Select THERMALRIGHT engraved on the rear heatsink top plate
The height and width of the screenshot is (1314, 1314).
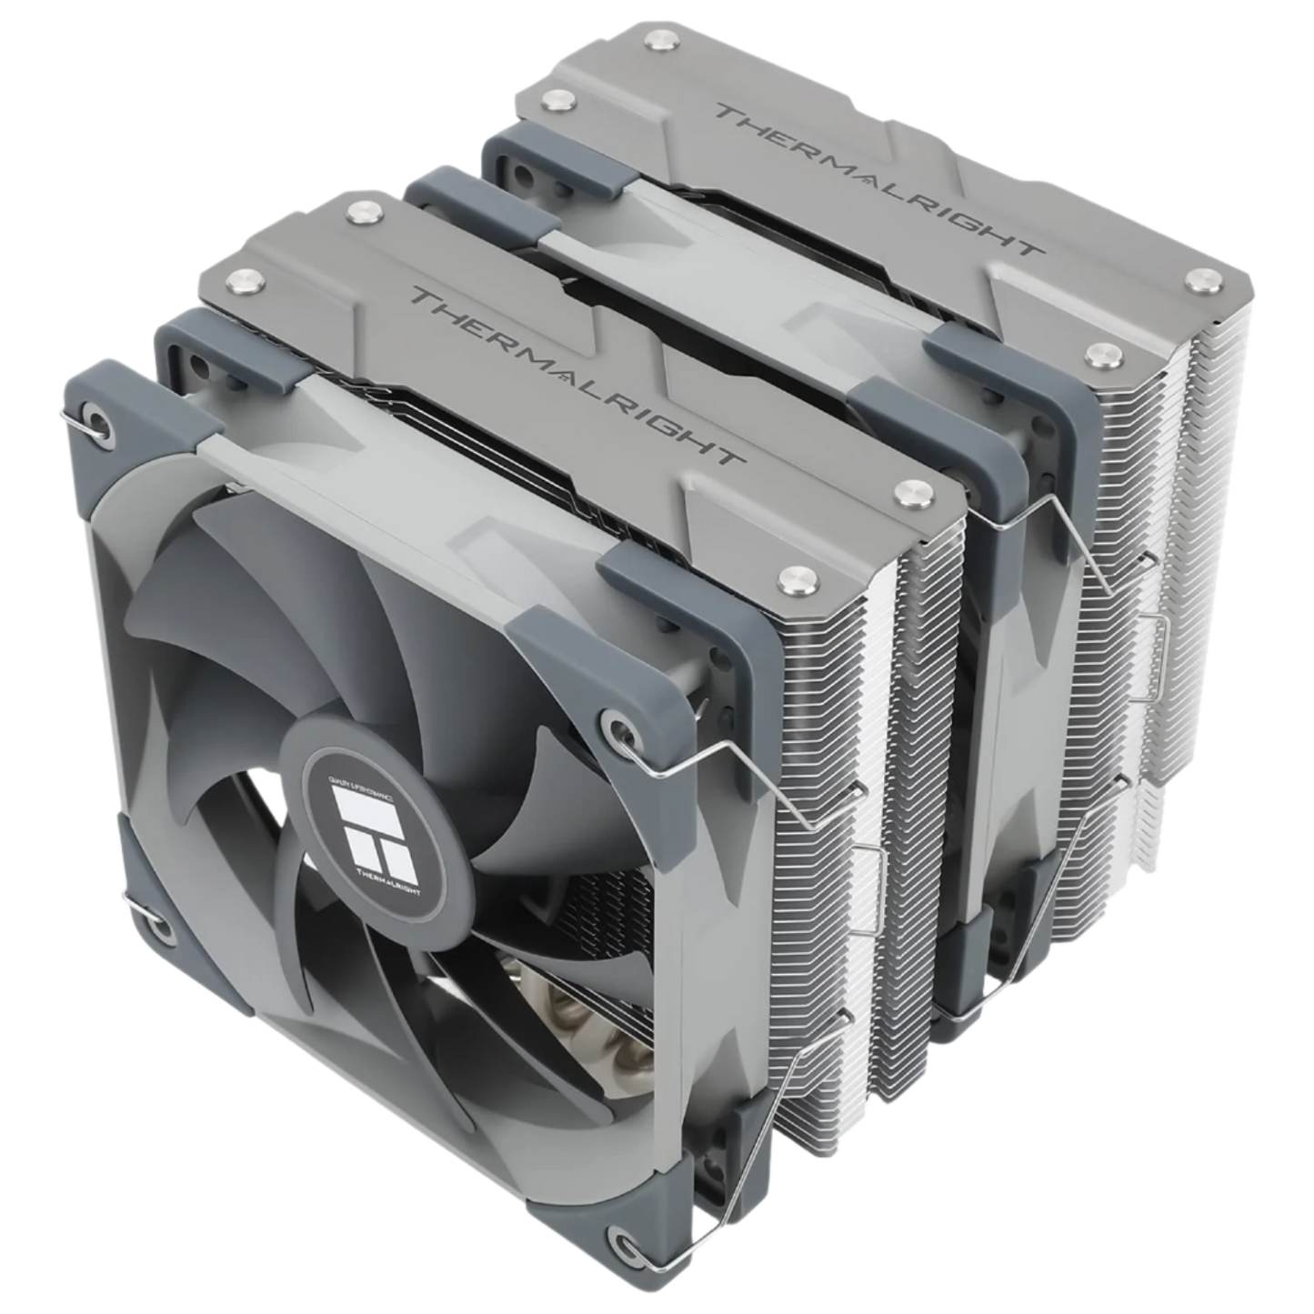pos(873,178)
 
